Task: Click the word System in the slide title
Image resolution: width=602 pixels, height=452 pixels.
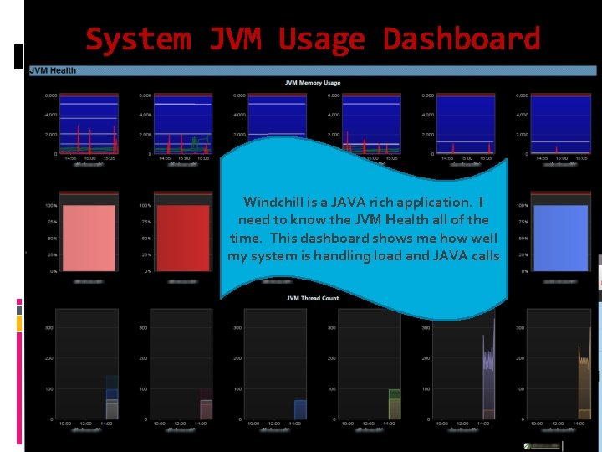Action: tap(137, 39)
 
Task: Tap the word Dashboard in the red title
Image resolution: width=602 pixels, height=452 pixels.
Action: tap(461, 39)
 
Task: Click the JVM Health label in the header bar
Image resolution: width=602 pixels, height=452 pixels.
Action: tap(53, 70)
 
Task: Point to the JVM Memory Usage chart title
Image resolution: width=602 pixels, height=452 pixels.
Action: tap(313, 83)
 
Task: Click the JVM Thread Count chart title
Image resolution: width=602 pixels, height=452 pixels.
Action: tap(313, 298)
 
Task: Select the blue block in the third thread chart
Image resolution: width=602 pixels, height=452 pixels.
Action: tap(300, 409)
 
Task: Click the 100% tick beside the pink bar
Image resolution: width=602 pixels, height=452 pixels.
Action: tap(51, 205)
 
